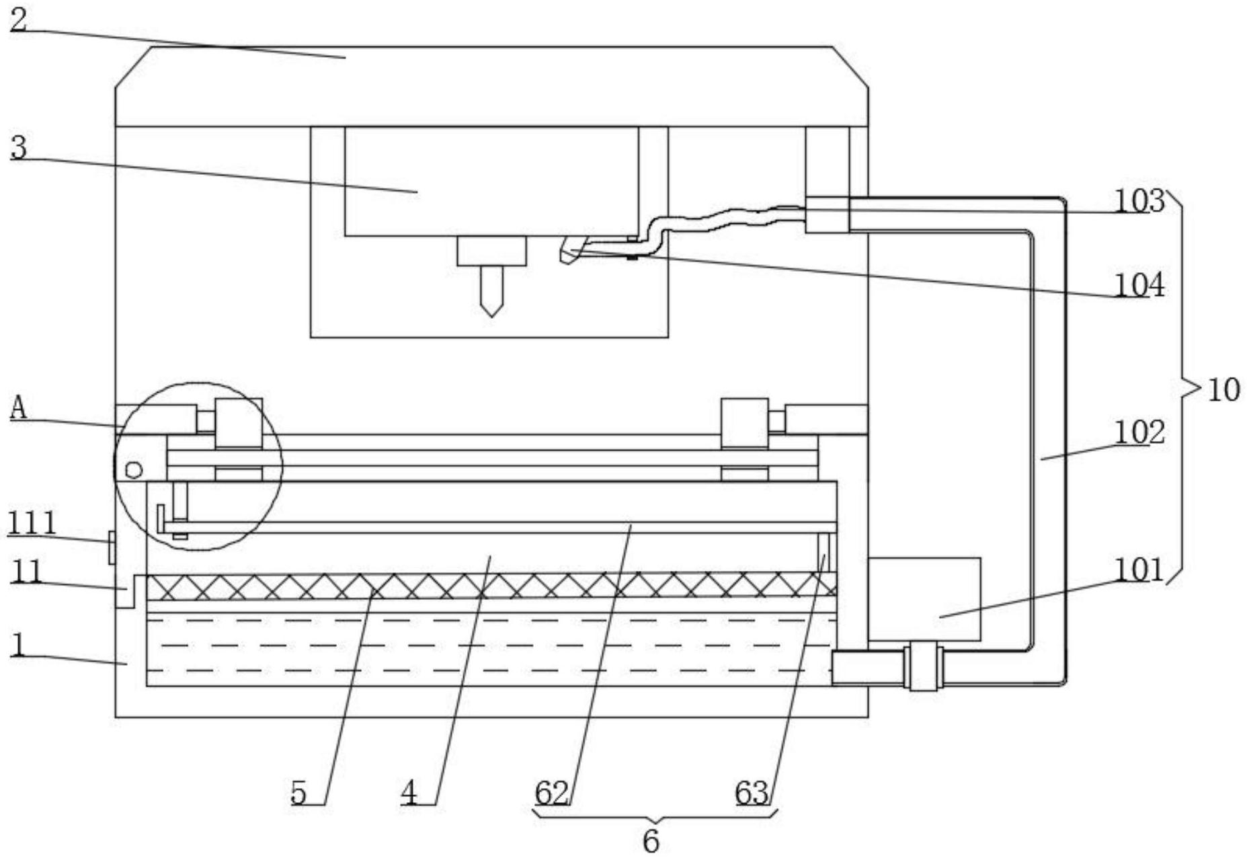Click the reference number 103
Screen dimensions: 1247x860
[1139, 200]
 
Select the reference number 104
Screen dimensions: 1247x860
[1139, 285]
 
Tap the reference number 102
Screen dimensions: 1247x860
[1139, 432]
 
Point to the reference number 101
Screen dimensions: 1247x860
[1139, 570]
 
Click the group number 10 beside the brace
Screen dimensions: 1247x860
[1223, 390]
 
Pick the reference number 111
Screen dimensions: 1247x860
[32, 523]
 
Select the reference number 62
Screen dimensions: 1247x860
[552, 793]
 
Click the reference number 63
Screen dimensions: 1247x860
[752, 793]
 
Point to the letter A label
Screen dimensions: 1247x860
[19, 408]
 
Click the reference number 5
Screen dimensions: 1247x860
[298, 793]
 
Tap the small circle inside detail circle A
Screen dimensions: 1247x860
[134, 469]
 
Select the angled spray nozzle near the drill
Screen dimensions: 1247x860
[571, 249]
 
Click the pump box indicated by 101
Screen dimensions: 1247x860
[924, 598]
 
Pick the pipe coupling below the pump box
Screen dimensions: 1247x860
[924, 666]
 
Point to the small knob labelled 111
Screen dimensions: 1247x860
[112, 547]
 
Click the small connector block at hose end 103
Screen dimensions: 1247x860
[827, 214]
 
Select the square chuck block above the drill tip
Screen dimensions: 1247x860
[491, 251]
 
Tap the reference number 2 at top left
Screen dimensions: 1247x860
[18, 19]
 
